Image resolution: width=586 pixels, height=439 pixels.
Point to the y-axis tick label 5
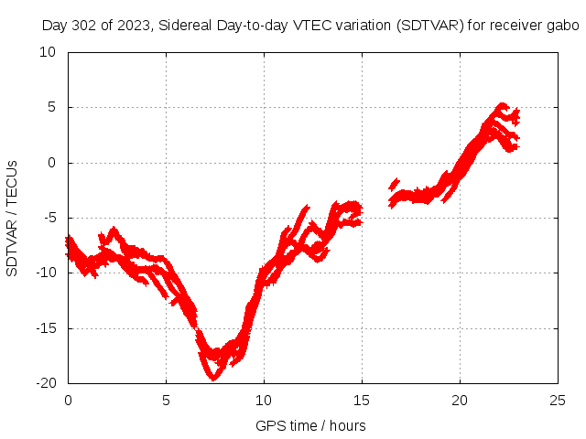pyautogui.click(x=51, y=107)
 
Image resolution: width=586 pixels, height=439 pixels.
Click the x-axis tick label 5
pyautogui.click(x=166, y=401)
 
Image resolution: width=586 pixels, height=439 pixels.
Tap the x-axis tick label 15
pyautogui.click(x=362, y=401)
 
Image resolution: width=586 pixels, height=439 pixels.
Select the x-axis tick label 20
pyautogui.click(x=460, y=401)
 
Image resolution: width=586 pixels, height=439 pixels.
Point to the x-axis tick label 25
pyautogui.click(x=558, y=401)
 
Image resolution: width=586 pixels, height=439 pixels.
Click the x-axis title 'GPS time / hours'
pyautogui.click(x=312, y=425)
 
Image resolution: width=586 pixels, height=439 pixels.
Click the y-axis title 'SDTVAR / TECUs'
pyautogui.click(x=12, y=218)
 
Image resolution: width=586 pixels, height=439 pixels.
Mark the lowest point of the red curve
pyautogui.click(x=214, y=376)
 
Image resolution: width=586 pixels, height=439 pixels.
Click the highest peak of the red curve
pyautogui.click(x=502, y=105)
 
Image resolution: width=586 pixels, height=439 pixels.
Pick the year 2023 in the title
pyautogui.click(x=130, y=26)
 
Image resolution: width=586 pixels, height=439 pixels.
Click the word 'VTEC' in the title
pyautogui.click(x=311, y=26)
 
